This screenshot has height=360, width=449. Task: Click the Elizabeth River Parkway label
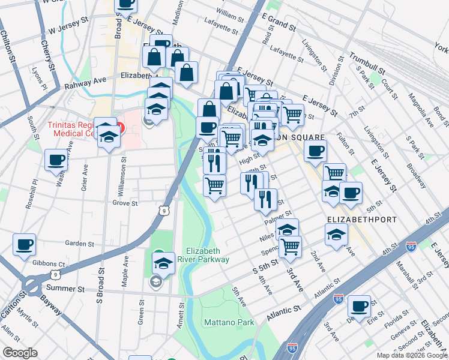[x=208, y=255]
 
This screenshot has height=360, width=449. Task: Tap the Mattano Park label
[x=229, y=322]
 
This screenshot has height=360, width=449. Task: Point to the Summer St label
[x=67, y=289]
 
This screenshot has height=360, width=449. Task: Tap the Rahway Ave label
[x=80, y=80]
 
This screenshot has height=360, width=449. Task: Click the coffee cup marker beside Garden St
[x=25, y=245]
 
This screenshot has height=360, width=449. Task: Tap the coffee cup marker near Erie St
[x=360, y=306]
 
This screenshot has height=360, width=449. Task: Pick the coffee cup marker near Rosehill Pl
[x=56, y=160]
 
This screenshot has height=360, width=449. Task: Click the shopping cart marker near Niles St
[x=290, y=245]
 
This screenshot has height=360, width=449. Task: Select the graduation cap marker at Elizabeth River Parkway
[x=163, y=263]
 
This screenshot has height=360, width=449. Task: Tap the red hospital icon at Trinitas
[x=121, y=128]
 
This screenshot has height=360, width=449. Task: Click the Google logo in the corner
[x=19, y=353]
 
